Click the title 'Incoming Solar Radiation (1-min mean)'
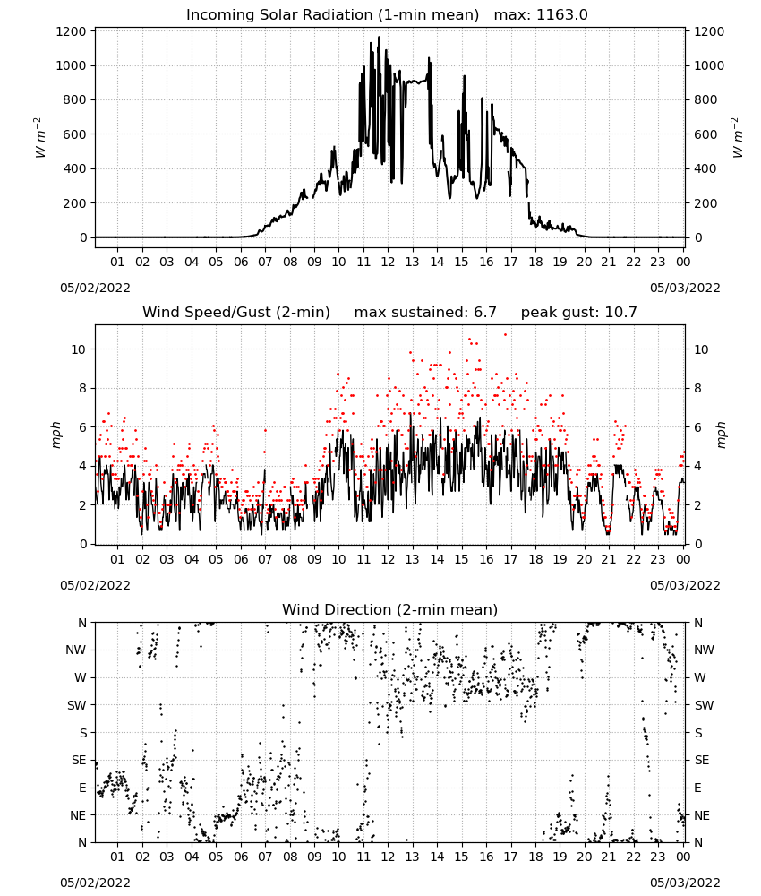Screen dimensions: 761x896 [332, 15]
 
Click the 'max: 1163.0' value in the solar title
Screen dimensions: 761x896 [541, 15]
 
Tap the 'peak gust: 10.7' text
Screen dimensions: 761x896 [579, 313]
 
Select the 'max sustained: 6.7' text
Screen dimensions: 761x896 [425, 313]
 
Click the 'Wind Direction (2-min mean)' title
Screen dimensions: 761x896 [390, 609]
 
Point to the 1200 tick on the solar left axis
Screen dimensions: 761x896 [71, 31]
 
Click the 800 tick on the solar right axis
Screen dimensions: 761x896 [705, 100]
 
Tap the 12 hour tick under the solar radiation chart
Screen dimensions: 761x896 [388, 262]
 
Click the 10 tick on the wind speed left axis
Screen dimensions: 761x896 [79, 349]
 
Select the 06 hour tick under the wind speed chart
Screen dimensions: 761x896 [241, 559]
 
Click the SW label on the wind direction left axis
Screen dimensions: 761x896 [76, 705]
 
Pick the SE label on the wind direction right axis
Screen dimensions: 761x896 [702, 760]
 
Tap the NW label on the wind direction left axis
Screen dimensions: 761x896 [76, 650]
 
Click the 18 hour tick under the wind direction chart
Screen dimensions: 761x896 [535, 857]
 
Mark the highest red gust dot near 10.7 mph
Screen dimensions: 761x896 [505, 335]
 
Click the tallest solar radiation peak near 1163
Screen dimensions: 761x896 [379, 38]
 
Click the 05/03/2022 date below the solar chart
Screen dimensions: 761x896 [685, 288]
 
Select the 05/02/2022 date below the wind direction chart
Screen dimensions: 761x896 [95, 883]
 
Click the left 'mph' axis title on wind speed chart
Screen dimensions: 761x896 [56, 435]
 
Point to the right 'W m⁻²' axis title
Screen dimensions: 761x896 [737, 137]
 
